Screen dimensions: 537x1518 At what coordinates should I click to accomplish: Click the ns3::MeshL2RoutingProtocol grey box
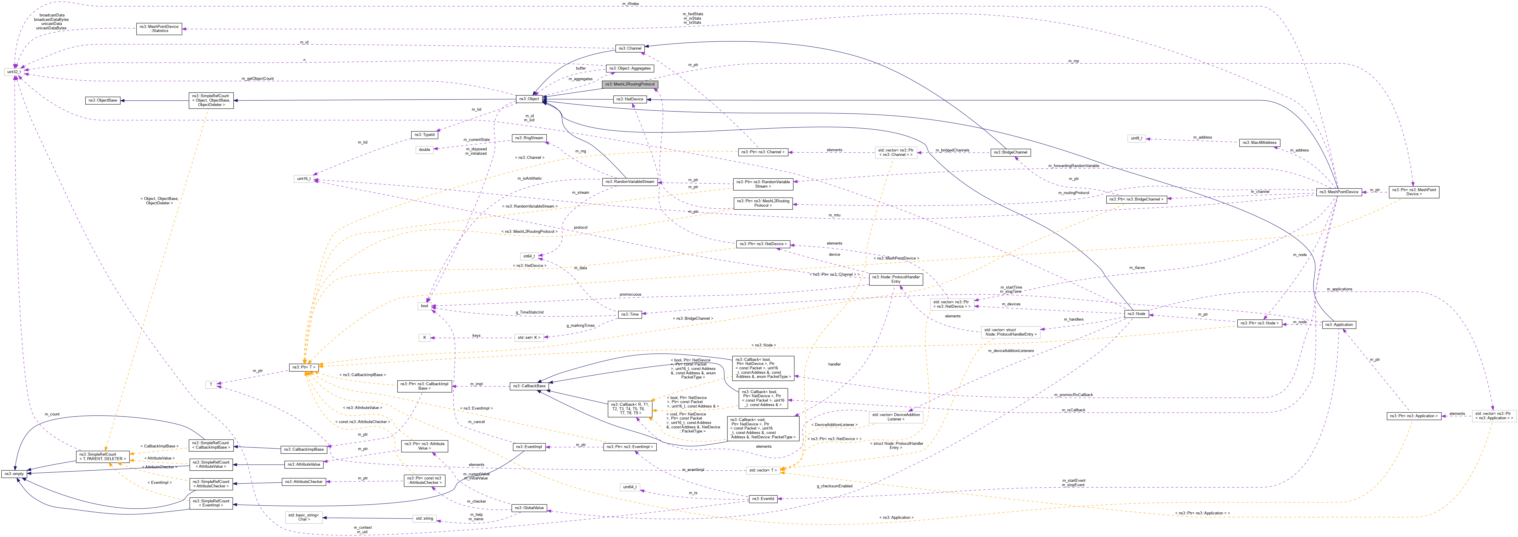[x=629, y=84]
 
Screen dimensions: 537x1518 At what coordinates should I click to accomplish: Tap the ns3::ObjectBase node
[x=102, y=100]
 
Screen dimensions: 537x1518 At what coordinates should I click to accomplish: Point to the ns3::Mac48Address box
[x=1258, y=143]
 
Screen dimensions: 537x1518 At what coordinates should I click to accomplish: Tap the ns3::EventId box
[x=763, y=499]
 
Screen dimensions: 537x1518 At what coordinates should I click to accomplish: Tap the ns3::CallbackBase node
[x=528, y=386]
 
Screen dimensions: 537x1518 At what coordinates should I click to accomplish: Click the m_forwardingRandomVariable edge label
[x=1074, y=166]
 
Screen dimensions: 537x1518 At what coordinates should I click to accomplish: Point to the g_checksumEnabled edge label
[x=835, y=486]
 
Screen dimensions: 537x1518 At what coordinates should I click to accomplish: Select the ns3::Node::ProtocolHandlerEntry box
[x=896, y=279]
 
